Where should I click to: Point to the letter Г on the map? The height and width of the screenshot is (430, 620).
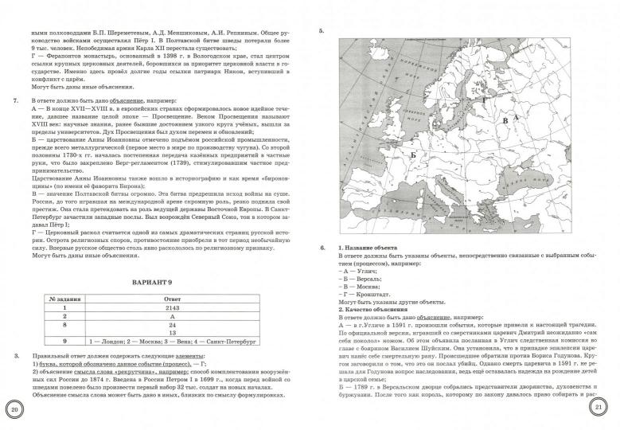point(482,101)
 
